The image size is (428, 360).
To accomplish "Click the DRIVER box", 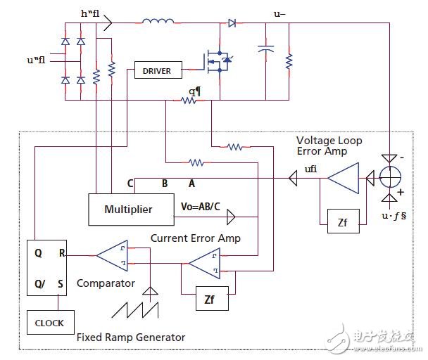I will [158, 70].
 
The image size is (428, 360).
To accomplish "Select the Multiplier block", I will [128, 210].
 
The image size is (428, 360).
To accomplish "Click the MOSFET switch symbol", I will [220, 63].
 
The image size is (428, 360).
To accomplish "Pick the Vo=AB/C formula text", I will [201, 209].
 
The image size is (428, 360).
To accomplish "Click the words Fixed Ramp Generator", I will [131, 337].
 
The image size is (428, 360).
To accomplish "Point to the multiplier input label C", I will [131, 184].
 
